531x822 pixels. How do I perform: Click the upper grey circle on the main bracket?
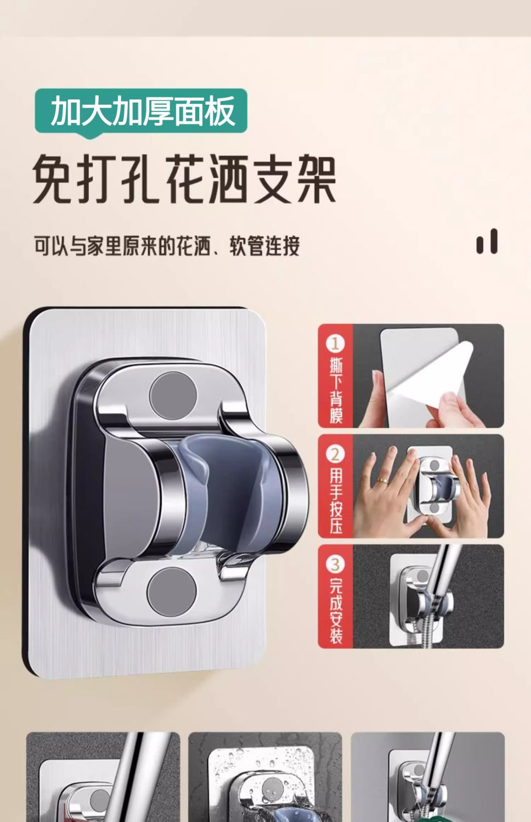click(x=173, y=396)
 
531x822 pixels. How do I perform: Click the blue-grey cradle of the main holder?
click(x=228, y=500)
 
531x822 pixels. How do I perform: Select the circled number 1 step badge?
click(x=335, y=344)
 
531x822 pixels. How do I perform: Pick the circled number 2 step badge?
click(x=335, y=455)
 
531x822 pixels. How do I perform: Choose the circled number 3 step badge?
click(x=335, y=565)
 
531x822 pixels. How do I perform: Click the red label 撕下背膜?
click(x=336, y=392)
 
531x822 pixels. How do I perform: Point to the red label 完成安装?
click(x=336, y=612)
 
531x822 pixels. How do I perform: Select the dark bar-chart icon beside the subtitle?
click(x=487, y=241)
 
